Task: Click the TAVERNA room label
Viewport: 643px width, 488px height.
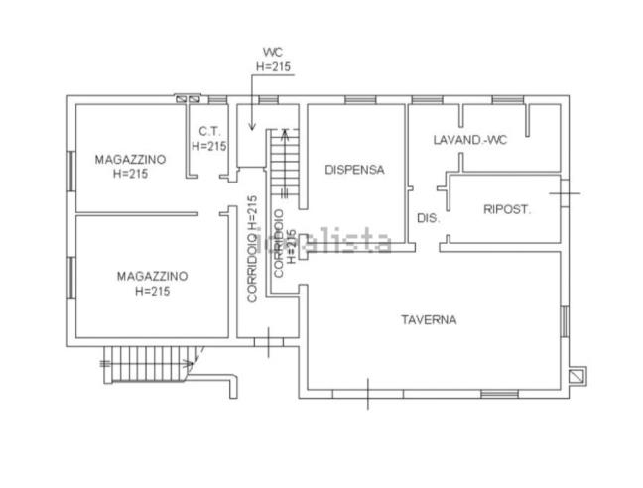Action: click(x=429, y=319)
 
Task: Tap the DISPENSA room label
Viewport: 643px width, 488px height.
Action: click(x=354, y=169)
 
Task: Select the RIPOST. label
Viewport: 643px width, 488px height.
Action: click(x=507, y=209)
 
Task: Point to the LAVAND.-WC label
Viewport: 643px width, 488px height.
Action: click(x=470, y=140)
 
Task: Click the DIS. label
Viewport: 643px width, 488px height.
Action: click(x=427, y=218)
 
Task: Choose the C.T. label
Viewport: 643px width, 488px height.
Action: click(x=208, y=131)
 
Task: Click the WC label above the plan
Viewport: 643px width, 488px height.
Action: click(x=273, y=52)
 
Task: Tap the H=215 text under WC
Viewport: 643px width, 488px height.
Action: click(x=273, y=67)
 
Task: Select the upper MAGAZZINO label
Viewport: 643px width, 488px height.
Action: click(x=131, y=159)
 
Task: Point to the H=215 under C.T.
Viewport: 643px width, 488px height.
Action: click(x=209, y=146)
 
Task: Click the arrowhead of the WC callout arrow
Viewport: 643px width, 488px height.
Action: click(x=252, y=129)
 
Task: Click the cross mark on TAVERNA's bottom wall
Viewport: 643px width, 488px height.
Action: click(x=367, y=394)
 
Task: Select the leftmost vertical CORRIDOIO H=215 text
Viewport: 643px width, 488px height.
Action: click(x=253, y=248)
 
